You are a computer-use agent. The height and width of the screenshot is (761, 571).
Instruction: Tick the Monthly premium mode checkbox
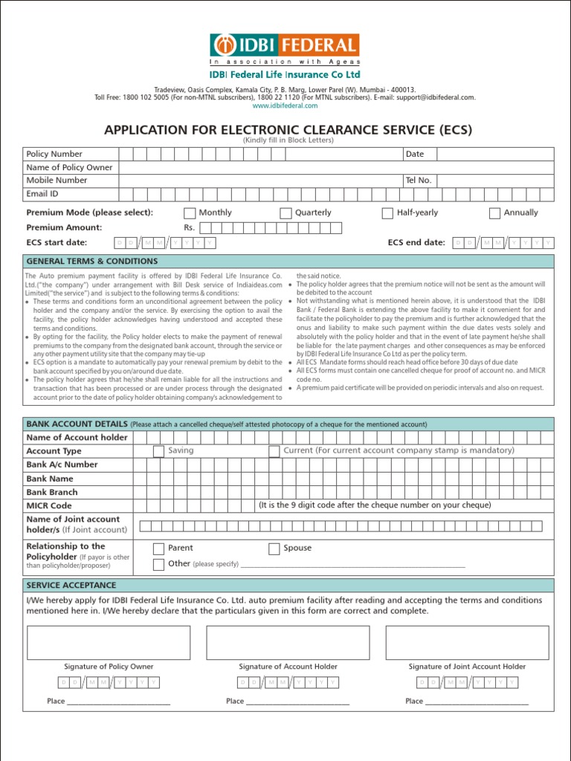click(190, 213)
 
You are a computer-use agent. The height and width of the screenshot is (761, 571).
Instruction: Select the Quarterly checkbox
click(285, 213)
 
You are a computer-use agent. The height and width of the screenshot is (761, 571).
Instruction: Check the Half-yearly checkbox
click(387, 213)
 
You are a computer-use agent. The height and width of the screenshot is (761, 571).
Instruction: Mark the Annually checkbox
click(494, 213)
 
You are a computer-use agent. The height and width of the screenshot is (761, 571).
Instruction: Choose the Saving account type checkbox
click(158, 451)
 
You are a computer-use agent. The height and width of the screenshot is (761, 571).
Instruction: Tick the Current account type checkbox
click(274, 451)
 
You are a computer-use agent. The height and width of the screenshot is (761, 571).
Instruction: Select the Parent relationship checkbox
click(158, 549)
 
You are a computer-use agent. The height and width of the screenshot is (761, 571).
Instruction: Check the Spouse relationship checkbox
click(274, 549)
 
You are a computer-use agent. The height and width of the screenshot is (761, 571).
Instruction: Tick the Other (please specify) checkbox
click(158, 564)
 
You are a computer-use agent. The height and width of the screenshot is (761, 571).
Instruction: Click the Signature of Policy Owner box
click(109, 643)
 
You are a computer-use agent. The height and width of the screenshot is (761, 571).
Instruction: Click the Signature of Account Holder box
click(288, 643)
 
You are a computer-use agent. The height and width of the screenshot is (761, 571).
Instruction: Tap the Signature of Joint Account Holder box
click(467, 643)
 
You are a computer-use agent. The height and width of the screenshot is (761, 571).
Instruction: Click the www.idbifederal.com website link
click(285, 106)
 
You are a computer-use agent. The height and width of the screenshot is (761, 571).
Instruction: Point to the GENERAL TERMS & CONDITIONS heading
click(92, 262)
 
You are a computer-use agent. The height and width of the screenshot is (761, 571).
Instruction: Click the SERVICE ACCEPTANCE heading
click(71, 586)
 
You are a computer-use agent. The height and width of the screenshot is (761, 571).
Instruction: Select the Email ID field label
click(42, 194)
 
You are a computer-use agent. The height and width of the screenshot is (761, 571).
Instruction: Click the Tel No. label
click(418, 181)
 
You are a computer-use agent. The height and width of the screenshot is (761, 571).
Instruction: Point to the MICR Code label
click(49, 506)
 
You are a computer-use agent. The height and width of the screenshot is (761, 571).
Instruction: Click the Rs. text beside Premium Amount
click(189, 228)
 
